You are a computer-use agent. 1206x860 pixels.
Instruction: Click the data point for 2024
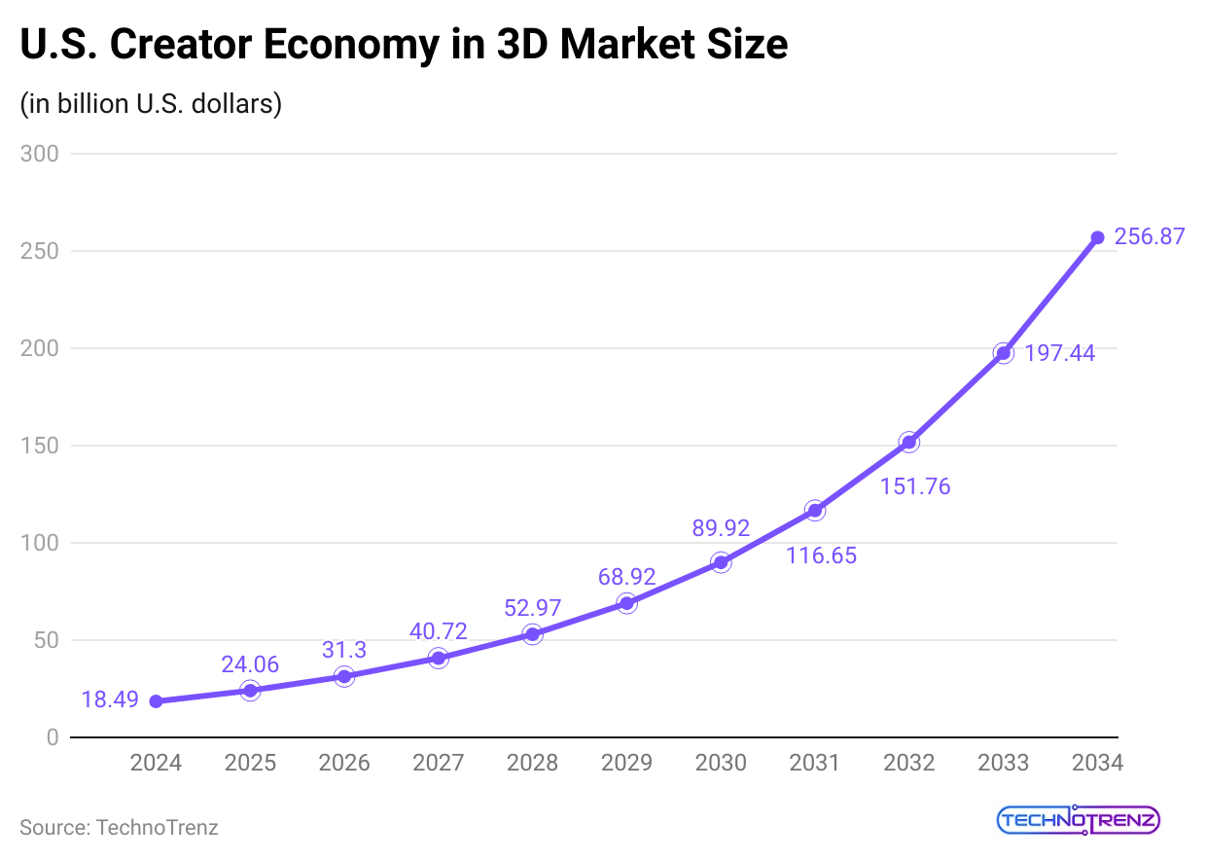pos(156,700)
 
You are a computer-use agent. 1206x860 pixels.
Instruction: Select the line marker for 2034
pos(1097,237)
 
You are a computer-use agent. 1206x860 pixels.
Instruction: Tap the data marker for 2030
pos(721,562)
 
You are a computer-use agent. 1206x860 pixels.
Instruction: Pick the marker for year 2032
pos(908,442)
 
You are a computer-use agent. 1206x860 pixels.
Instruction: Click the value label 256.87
pos(1150,236)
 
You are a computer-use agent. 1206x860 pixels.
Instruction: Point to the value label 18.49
pos(110,699)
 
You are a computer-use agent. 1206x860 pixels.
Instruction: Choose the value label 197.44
pos(1060,353)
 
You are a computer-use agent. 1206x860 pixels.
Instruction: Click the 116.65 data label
pos(822,556)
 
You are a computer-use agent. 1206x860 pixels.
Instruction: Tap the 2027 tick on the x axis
pos(438,763)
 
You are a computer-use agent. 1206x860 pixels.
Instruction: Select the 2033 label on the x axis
pos(1003,763)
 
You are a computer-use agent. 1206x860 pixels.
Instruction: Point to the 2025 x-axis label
pos(250,763)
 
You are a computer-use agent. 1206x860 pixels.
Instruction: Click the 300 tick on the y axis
pos(39,154)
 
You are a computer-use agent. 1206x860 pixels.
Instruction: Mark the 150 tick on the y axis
pos(39,446)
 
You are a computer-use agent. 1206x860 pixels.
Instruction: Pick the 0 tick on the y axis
pos(52,737)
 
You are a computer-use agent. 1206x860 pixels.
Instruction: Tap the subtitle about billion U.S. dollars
pos(151,103)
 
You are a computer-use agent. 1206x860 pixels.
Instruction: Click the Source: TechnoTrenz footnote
pos(119,828)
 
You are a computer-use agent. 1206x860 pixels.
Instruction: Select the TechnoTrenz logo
pos(1079,820)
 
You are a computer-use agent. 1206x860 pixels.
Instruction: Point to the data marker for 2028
pos(532,634)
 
